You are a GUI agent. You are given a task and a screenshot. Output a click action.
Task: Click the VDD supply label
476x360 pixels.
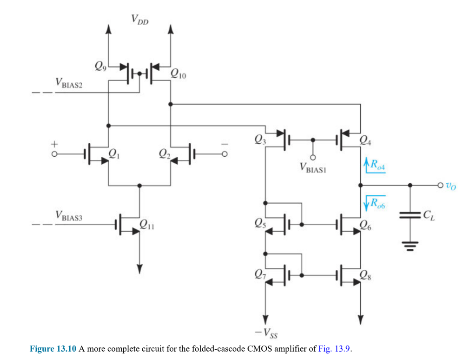pos(139,20)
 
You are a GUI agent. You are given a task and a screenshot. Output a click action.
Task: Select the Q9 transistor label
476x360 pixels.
pos(100,66)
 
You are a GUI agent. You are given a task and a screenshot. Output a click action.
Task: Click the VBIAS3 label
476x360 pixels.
pos(68,215)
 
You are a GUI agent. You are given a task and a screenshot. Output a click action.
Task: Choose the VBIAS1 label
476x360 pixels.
pos(314,168)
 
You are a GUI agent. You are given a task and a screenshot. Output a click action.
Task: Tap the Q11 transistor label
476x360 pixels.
pos(146,227)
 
